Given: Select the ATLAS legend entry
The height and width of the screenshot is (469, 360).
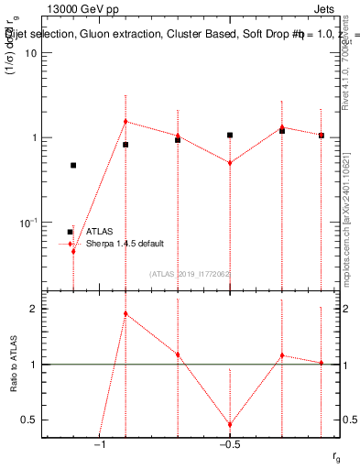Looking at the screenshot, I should (x=100, y=232).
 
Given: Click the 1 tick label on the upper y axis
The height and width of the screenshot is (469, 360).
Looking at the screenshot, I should (x=34, y=137).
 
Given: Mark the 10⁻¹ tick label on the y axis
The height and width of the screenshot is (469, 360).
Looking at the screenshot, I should (x=29, y=223).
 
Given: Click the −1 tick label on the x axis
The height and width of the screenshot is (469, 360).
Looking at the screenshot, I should (x=100, y=444).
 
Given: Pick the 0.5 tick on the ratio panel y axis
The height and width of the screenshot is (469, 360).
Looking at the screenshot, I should (x=30, y=420).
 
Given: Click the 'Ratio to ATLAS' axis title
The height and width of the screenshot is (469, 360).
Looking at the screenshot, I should (x=14, y=364).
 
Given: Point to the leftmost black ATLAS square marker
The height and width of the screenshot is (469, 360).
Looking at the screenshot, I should (x=73, y=166).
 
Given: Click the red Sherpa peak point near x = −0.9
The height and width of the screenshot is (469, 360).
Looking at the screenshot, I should (x=125, y=121).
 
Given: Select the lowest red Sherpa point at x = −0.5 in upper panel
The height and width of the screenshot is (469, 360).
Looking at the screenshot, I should (x=230, y=163).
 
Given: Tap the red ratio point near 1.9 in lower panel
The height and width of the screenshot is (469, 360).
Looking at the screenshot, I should (x=125, y=313).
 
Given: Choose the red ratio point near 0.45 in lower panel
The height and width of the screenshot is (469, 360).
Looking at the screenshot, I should (x=230, y=425).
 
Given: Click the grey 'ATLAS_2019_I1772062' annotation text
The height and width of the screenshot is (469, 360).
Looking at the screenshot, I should (x=189, y=274).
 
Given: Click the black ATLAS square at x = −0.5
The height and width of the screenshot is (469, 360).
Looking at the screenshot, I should (x=230, y=135).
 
